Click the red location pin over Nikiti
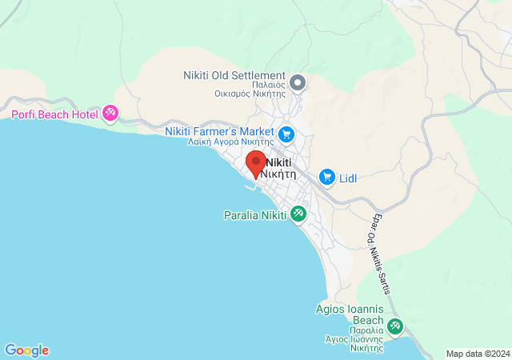255,162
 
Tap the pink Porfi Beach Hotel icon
110,114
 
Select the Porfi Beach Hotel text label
53,114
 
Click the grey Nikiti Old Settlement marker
298,82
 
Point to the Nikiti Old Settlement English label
234,75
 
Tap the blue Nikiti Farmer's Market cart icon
286,134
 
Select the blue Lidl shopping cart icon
326,177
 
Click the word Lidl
348,178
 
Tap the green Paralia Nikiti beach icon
298,214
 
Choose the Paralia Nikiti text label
254,214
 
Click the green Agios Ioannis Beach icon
395,326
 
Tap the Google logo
26,350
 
